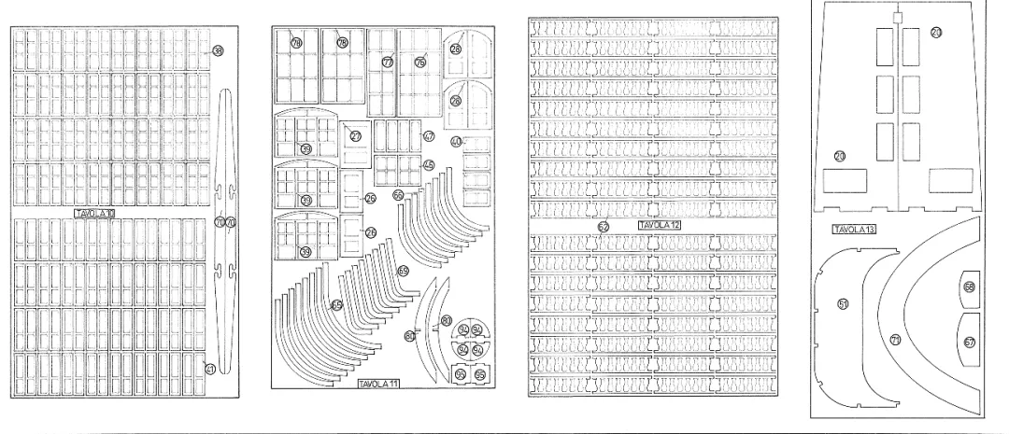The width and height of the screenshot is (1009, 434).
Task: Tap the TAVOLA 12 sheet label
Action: click(660, 226)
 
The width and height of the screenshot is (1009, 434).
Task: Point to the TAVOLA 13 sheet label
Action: click(852, 228)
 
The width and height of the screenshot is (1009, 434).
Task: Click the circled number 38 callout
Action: click(218, 51)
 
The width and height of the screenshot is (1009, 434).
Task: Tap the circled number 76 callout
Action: click(419, 62)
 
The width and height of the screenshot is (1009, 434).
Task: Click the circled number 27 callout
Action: click(356, 135)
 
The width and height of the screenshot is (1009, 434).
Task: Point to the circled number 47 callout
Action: click(429, 136)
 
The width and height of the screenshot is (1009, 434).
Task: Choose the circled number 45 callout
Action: click(428, 165)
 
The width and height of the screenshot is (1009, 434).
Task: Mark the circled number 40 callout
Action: click(456, 142)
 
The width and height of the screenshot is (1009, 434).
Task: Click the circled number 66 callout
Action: click(398, 195)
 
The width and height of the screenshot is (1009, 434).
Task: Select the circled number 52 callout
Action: click(604, 226)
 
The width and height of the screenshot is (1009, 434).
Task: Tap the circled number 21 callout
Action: click(936, 34)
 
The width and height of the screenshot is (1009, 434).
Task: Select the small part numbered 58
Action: click(969, 287)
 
